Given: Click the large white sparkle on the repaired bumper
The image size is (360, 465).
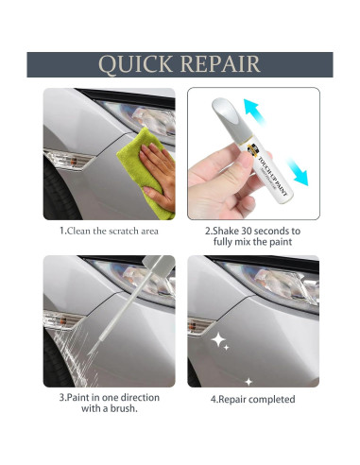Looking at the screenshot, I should [x=220, y=339].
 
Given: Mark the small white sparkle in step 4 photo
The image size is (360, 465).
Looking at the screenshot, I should [x=249, y=381].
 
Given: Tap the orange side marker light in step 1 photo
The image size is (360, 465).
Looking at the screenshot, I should [x=62, y=157].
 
